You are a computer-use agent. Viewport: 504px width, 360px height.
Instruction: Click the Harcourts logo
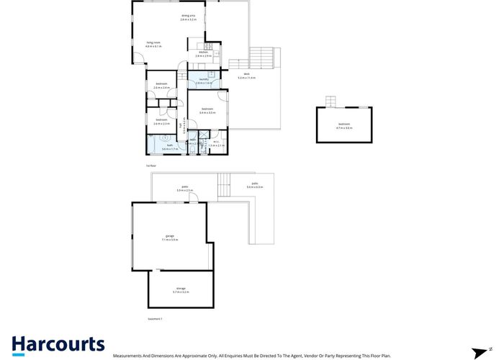point(58,345)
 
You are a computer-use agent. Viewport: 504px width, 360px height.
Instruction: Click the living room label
point(153,45)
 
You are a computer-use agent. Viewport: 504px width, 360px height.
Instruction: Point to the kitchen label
point(203,54)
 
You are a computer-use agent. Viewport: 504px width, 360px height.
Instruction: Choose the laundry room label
point(202,81)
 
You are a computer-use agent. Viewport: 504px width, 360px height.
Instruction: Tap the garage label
point(170,237)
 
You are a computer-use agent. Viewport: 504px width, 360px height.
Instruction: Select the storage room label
point(180,290)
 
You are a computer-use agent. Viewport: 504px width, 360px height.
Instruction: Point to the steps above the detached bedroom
point(331,102)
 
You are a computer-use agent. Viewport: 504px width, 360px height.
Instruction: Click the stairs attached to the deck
point(263,58)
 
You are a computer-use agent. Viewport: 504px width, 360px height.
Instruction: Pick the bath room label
point(170,147)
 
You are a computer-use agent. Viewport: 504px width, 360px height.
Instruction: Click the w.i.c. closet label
point(216,143)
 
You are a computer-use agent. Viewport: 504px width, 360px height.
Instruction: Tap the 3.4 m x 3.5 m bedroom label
point(207,111)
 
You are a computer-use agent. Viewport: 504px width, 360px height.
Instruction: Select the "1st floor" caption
point(150,166)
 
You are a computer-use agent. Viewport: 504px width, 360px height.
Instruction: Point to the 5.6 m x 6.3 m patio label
point(255,187)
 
